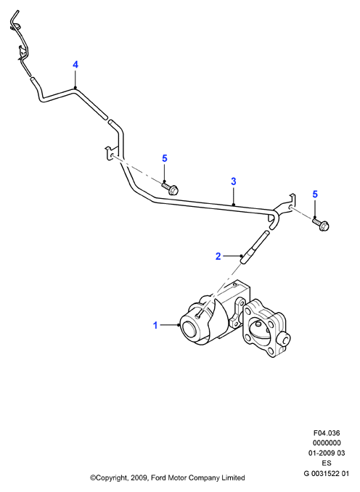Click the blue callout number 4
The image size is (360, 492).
click(x=75, y=65)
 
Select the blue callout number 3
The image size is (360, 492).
click(x=234, y=181)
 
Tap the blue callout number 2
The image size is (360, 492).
click(x=218, y=256)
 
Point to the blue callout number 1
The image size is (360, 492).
click(x=155, y=325)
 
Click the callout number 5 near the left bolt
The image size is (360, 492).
click(x=165, y=158)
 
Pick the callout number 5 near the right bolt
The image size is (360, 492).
click(x=315, y=194)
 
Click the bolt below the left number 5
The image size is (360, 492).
click(x=170, y=189)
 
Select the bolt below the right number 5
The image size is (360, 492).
click(x=321, y=224)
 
